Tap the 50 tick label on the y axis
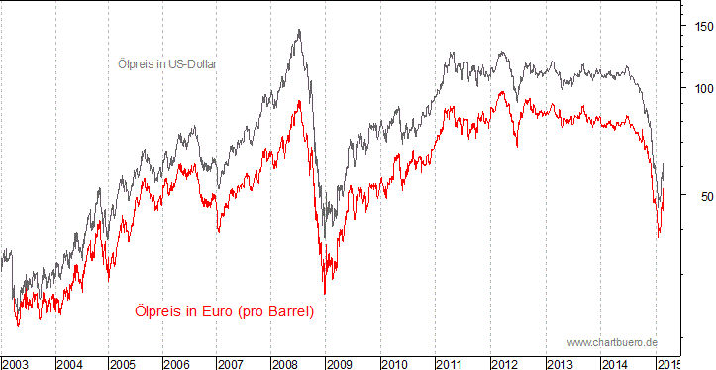click(698, 196)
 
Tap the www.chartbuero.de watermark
click(612, 342)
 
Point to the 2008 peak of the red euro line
click(298, 100)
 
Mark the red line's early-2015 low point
click(659, 236)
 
